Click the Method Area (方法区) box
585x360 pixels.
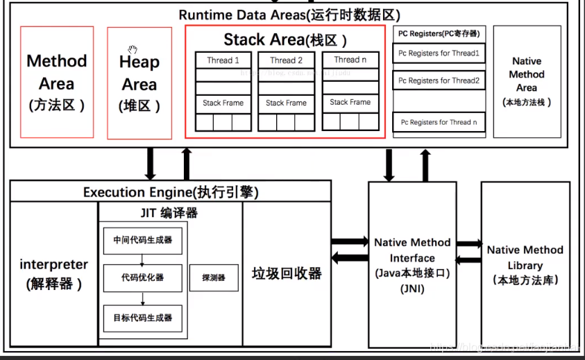pos(57,82)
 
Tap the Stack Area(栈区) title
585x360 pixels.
pos(285,40)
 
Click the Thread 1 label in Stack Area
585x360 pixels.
pos(223,60)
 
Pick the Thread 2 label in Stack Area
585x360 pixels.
pos(286,60)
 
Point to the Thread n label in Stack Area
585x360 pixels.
pos(350,60)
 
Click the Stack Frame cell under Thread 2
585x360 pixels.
pos(286,103)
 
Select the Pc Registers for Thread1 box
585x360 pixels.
pos(439,53)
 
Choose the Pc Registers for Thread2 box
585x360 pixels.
pos(439,80)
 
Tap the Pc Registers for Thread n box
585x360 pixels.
pos(439,122)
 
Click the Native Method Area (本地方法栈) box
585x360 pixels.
pos(527,82)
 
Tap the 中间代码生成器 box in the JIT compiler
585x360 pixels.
pos(143,240)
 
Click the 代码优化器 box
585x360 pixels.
pos(143,277)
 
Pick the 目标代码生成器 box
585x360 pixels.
pos(143,318)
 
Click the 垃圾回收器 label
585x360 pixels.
pos(287,273)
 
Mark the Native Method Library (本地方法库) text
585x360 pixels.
pos(525,264)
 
